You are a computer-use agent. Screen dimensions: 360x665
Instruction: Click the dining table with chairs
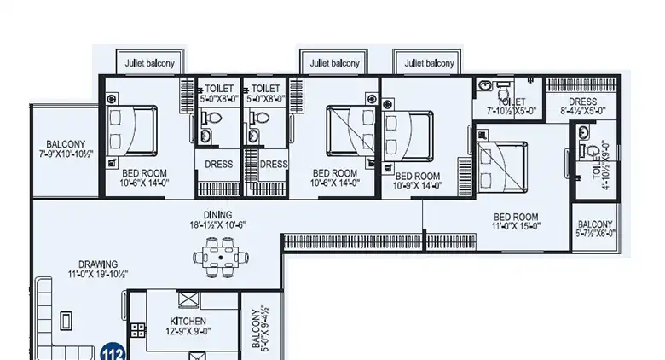pyautogui.click(x=221, y=255)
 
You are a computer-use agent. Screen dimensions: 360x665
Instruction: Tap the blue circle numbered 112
pyautogui.click(x=111, y=351)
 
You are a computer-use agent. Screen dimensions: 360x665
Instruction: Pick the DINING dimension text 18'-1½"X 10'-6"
pyautogui.click(x=218, y=225)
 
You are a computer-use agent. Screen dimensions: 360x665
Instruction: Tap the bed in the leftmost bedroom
pyautogui.click(x=132, y=129)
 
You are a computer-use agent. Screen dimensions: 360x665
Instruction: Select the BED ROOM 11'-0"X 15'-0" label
pyautogui.click(x=516, y=221)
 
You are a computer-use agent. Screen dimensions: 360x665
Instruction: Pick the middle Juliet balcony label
pyautogui.click(x=332, y=63)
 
